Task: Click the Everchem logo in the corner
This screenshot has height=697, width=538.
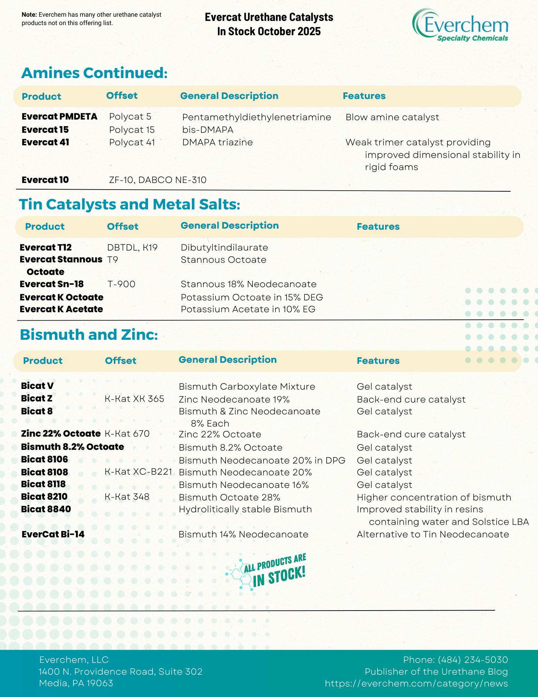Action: click(460, 25)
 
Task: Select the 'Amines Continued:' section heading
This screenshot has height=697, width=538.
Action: click(94, 73)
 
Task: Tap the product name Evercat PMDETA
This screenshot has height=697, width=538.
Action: click(59, 117)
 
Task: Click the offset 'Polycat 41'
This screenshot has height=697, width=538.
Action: click(132, 142)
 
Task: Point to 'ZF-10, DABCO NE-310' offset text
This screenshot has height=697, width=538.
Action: click(158, 180)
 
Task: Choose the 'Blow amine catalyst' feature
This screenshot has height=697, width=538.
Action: click(392, 117)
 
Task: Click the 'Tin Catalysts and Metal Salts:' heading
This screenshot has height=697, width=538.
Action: click(130, 204)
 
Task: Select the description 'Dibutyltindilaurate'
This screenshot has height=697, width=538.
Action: click(224, 247)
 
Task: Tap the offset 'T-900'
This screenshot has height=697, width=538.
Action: click(121, 284)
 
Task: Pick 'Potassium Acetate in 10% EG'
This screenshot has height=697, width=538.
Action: click(248, 309)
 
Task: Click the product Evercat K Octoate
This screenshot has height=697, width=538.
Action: click(61, 297)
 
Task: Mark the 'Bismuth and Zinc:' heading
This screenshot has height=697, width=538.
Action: click(89, 335)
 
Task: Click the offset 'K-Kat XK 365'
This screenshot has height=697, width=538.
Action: click(134, 399)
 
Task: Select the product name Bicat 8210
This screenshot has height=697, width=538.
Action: click(44, 497)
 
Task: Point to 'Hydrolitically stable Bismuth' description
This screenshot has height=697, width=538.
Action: click(245, 509)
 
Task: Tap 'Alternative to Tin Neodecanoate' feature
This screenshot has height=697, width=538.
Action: click(433, 534)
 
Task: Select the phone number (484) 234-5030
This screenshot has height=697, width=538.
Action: click(473, 660)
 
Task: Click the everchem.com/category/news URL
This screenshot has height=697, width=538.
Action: click(416, 683)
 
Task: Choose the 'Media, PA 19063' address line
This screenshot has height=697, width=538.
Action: click(76, 683)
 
